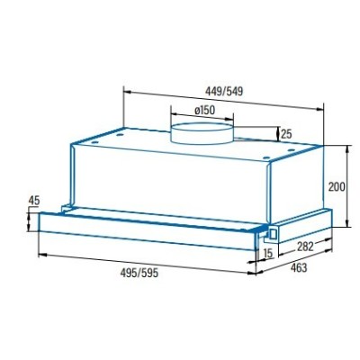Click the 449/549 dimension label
pos(224,91)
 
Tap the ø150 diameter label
pos(205,110)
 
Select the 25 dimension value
pos(286,134)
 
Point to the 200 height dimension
pos(337,186)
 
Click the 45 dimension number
pos(34,201)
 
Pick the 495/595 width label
pos(139,273)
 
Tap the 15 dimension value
pos(268,253)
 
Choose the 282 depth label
pos(305,247)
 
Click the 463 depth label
pos(299,267)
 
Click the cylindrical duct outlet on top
pos(202,133)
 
